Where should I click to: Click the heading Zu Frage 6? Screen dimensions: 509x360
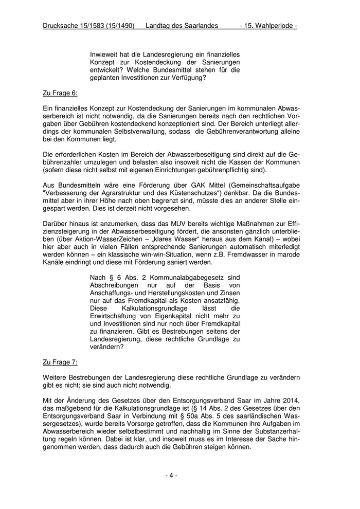pos(60,94)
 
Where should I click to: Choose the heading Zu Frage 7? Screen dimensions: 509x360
pos(60,362)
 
